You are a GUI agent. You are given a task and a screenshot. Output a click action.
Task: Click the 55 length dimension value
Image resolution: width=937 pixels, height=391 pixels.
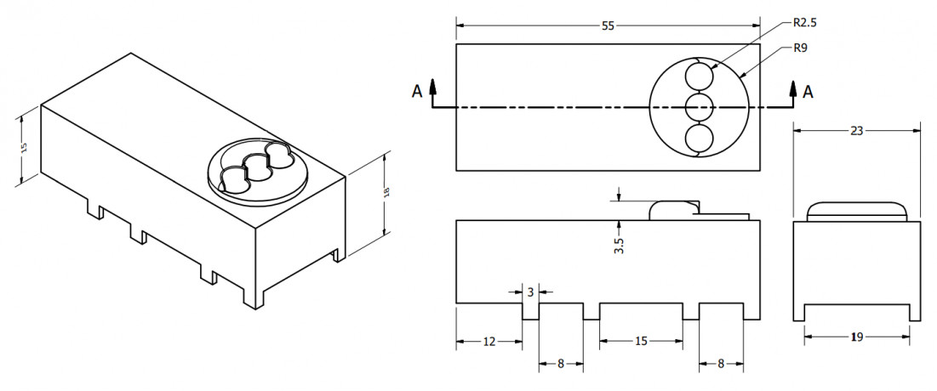pyautogui.click(x=608, y=25)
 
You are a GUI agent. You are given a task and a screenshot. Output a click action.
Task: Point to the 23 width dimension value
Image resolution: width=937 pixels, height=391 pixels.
pyautogui.click(x=856, y=131)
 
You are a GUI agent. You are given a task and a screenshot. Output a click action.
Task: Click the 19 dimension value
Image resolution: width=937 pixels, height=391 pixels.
pyautogui.click(x=857, y=337)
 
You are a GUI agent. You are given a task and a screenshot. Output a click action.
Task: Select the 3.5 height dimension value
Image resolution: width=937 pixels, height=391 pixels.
pyautogui.click(x=619, y=246)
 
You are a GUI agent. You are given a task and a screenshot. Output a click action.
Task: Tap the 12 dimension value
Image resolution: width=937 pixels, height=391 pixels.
pyautogui.click(x=488, y=342)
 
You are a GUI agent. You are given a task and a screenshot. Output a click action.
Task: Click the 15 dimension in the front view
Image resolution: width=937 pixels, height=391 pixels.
pyautogui.click(x=641, y=342)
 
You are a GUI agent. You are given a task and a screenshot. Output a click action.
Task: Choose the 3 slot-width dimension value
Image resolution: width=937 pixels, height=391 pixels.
pyautogui.click(x=529, y=292)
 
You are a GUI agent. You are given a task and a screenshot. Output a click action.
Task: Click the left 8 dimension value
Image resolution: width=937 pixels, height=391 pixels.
pyautogui.click(x=561, y=364)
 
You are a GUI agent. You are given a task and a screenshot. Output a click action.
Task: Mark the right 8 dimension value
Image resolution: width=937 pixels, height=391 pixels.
pyautogui.click(x=722, y=364)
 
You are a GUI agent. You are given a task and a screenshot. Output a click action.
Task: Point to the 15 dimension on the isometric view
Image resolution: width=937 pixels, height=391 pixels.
pyautogui.click(x=24, y=146)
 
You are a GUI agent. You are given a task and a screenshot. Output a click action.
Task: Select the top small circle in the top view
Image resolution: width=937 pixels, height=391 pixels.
pyautogui.click(x=700, y=78)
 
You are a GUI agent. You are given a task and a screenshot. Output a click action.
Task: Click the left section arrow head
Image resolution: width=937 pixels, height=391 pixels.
pyautogui.click(x=433, y=84)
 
